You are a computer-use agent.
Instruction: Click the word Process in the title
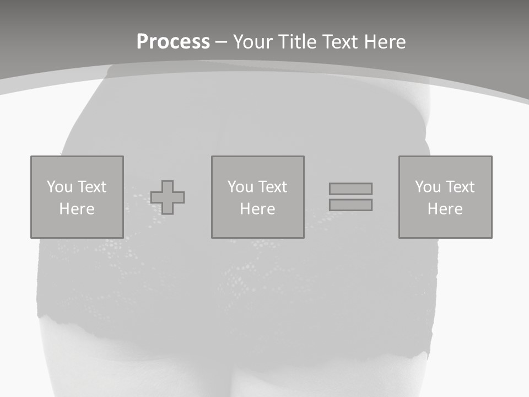point(173,42)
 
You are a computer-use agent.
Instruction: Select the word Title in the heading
point(298,42)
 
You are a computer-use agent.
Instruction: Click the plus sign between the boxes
point(168,197)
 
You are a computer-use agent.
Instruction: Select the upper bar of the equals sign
point(350,189)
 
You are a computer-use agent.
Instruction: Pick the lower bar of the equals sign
point(350,205)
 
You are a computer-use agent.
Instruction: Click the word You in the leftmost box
point(60,187)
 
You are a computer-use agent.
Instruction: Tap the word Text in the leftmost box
point(91,187)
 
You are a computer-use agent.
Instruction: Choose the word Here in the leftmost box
point(77,209)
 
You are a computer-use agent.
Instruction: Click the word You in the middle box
point(240,187)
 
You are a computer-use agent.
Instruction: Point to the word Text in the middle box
point(272,187)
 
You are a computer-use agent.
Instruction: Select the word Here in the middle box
point(257,209)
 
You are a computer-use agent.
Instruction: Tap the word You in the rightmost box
point(428,187)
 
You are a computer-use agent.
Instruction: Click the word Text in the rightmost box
point(460,187)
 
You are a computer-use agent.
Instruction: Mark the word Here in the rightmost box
point(445,209)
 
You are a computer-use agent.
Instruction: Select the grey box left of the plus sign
point(77,226)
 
